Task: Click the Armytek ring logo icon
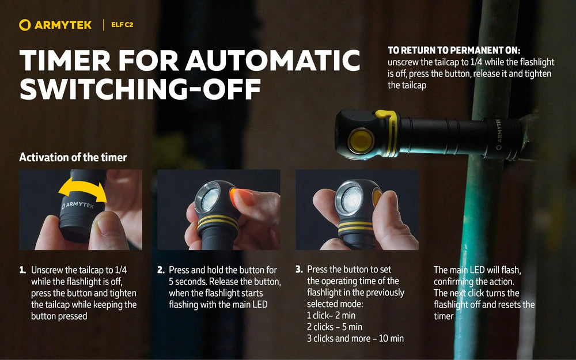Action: click(x=25, y=25)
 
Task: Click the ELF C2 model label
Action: click(x=122, y=25)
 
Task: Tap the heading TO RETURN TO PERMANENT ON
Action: click(x=454, y=50)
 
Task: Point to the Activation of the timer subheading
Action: click(x=73, y=157)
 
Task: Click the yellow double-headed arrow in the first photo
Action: click(x=82, y=190)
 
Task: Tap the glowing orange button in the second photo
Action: click(x=233, y=196)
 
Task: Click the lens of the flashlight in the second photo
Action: click(x=209, y=198)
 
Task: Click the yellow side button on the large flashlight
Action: click(x=361, y=141)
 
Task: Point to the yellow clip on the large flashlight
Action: click(x=390, y=132)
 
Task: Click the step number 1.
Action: click(x=22, y=270)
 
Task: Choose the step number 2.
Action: click(x=161, y=270)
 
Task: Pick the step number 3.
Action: click(x=299, y=269)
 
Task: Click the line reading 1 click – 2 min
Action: click(x=331, y=316)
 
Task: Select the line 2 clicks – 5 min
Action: click(x=335, y=327)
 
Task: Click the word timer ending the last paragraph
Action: click(x=444, y=316)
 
